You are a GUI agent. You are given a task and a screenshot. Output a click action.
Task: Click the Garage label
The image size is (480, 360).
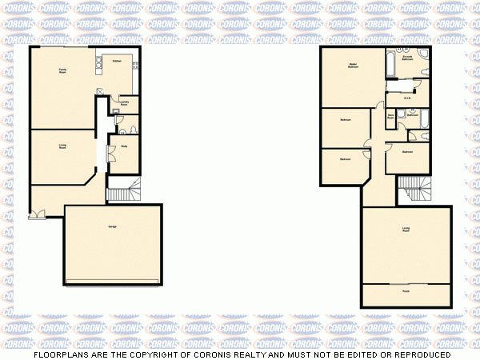point(112,227)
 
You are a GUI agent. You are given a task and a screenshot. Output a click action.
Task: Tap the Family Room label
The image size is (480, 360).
point(62,72)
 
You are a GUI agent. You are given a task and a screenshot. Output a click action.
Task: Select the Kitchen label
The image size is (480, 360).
point(117,61)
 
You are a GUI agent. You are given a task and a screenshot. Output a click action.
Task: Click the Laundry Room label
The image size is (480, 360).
point(126,103)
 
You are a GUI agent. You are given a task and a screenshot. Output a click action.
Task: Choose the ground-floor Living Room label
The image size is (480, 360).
point(62,146)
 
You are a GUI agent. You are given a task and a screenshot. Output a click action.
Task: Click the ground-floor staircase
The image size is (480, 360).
point(123,192)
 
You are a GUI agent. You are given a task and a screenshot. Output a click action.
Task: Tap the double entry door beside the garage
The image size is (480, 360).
point(36,214)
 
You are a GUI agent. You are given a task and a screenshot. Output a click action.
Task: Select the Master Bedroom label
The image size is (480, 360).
point(352,66)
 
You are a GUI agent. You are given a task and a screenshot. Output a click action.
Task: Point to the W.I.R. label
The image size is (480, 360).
point(406,98)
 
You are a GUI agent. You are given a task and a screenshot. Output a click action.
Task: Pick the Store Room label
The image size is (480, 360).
point(390,117)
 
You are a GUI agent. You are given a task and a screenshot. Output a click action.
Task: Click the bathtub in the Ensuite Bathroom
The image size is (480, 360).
point(389,63)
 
